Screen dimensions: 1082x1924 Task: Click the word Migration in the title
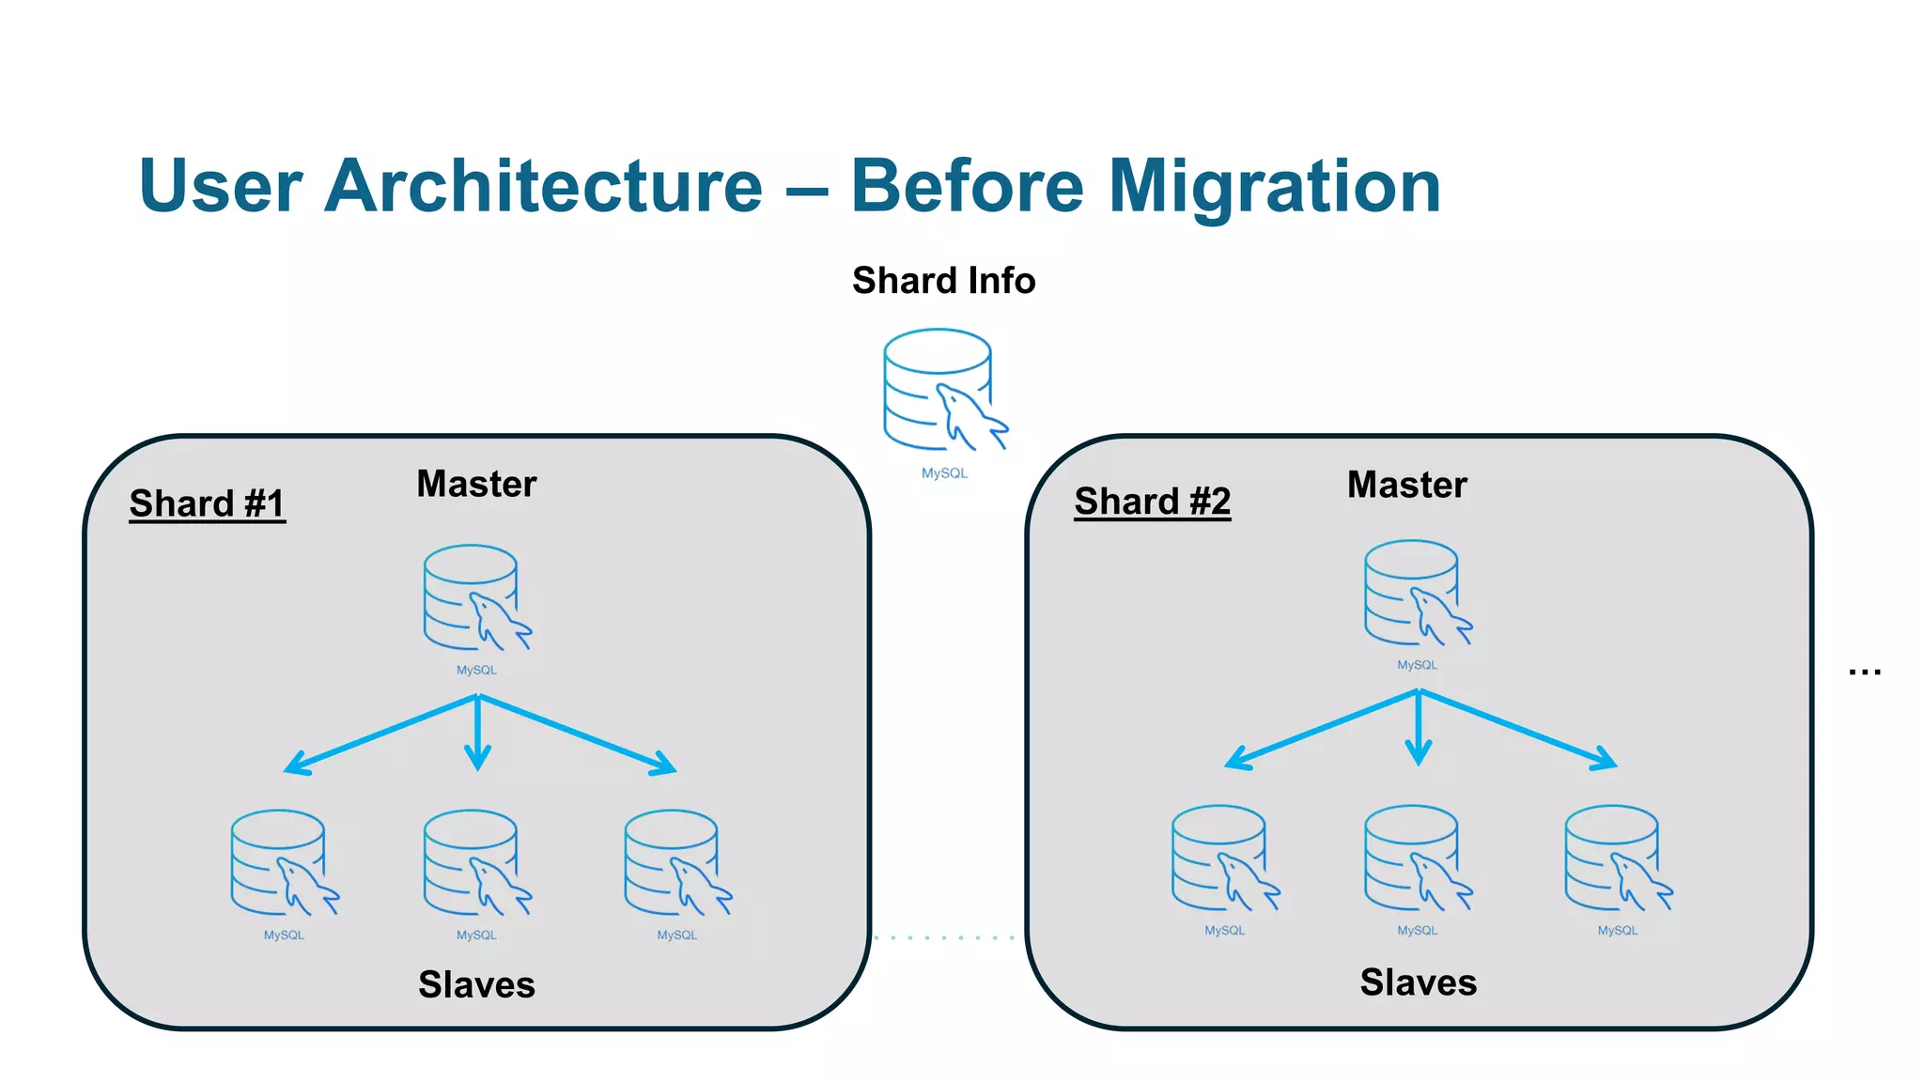tap(1274, 186)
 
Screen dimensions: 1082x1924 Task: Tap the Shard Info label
tap(943, 281)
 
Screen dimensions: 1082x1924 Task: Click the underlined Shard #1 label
tap(207, 503)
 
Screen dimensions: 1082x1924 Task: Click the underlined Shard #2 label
tap(1152, 502)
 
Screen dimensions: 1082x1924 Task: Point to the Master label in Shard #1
tap(476, 485)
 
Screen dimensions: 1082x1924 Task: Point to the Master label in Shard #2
tap(1406, 486)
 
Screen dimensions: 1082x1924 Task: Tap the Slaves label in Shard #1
tap(476, 985)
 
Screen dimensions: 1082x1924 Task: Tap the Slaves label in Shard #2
tap(1418, 982)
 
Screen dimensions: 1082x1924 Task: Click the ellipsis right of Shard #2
tap(1864, 672)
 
